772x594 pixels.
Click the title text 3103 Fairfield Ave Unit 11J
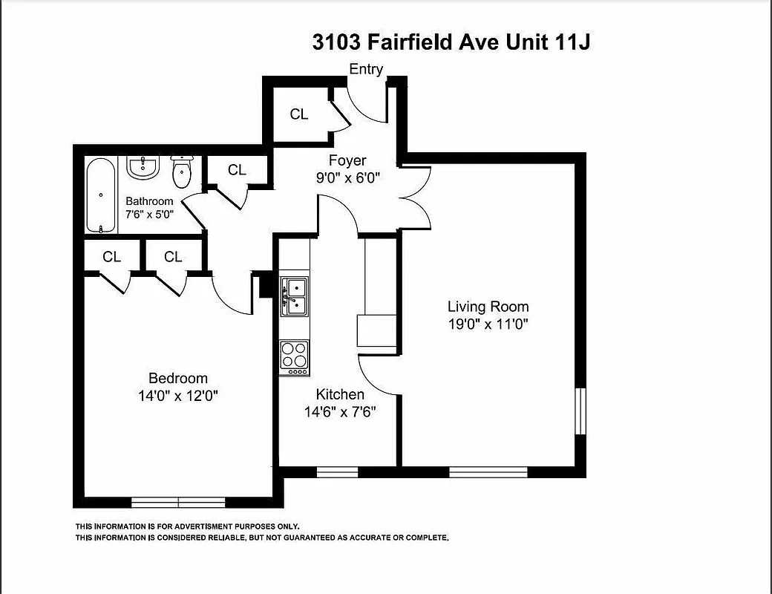(x=451, y=42)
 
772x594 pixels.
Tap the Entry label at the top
(x=366, y=69)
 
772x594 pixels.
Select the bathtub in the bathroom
(x=100, y=195)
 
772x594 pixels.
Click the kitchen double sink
(x=295, y=296)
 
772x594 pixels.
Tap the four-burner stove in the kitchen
(x=295, y=356)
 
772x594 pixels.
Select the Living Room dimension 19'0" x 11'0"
(x=488, y=324)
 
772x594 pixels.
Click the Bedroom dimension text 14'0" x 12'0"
(x=177, y=396)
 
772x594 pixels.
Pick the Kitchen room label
(x=340, y=394)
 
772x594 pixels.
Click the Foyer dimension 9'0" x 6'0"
(x=347, y=177)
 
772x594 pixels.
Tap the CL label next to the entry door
(x=299, y=114)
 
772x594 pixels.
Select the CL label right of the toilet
(x=237, y=170)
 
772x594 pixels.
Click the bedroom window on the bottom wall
(x=178, y=502)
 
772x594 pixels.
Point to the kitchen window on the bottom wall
(x=337, y=471)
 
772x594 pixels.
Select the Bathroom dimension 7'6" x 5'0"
(x=149, y=215)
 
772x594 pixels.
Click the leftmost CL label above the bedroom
(x=112, y=257)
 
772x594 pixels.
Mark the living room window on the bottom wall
(x=488, y=471)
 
